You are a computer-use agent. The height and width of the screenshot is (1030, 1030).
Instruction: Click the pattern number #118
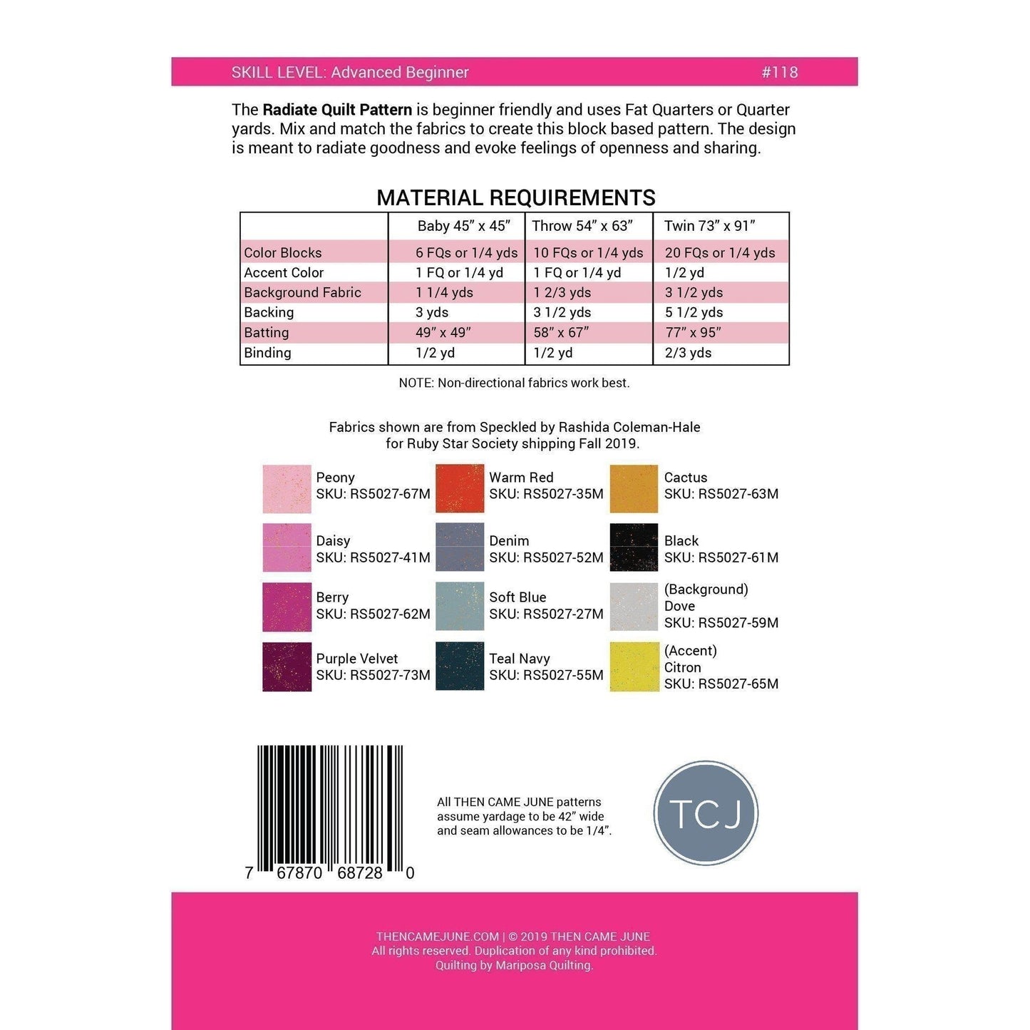(779, 72)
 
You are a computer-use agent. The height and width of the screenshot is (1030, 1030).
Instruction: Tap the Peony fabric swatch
(287, 489)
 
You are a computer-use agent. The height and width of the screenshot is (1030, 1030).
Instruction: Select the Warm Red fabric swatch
(460, 488)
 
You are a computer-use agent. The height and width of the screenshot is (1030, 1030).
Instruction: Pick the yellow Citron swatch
(634, 667)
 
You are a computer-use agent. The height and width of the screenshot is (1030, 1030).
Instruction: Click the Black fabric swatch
(634, 547)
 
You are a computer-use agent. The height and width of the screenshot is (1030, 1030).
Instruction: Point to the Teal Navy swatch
(460, 667)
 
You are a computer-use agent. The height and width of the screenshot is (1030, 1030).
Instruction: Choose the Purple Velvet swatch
(287, 667)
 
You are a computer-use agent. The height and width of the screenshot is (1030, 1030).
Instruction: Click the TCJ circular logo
(706, 813)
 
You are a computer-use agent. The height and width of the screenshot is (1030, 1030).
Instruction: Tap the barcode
(330, 809)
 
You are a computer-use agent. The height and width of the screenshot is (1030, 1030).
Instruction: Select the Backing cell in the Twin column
(694, 312)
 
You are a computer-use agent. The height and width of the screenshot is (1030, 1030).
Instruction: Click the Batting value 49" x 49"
(443, 332)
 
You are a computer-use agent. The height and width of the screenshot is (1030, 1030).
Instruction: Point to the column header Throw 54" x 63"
(582, 226)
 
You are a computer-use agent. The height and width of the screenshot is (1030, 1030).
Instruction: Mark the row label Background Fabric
(302, 292)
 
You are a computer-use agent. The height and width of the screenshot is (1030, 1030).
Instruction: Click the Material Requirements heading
(515, 197)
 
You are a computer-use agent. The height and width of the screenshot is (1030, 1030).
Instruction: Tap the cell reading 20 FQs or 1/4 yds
(719, 252)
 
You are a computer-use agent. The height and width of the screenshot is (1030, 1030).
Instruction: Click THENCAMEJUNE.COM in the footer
(437, 937)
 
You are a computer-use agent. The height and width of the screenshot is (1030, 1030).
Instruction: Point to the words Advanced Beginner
(399, 72)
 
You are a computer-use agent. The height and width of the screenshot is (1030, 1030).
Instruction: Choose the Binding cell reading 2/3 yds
(688, 353)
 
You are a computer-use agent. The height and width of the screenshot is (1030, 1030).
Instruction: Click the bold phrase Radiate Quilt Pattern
(337, 110)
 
